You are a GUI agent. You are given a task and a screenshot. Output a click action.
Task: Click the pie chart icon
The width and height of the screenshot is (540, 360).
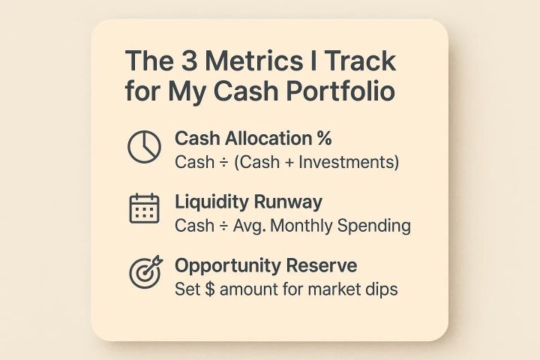(144, 148)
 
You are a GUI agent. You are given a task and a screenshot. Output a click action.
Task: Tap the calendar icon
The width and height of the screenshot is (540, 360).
(144, 210)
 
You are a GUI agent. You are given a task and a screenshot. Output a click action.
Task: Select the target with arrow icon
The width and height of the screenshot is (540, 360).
(144, 274)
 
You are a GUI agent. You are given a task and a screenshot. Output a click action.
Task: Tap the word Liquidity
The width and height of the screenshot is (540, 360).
(207, 202)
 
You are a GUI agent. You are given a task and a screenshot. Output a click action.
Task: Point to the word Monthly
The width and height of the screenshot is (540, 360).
(304, 226)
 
